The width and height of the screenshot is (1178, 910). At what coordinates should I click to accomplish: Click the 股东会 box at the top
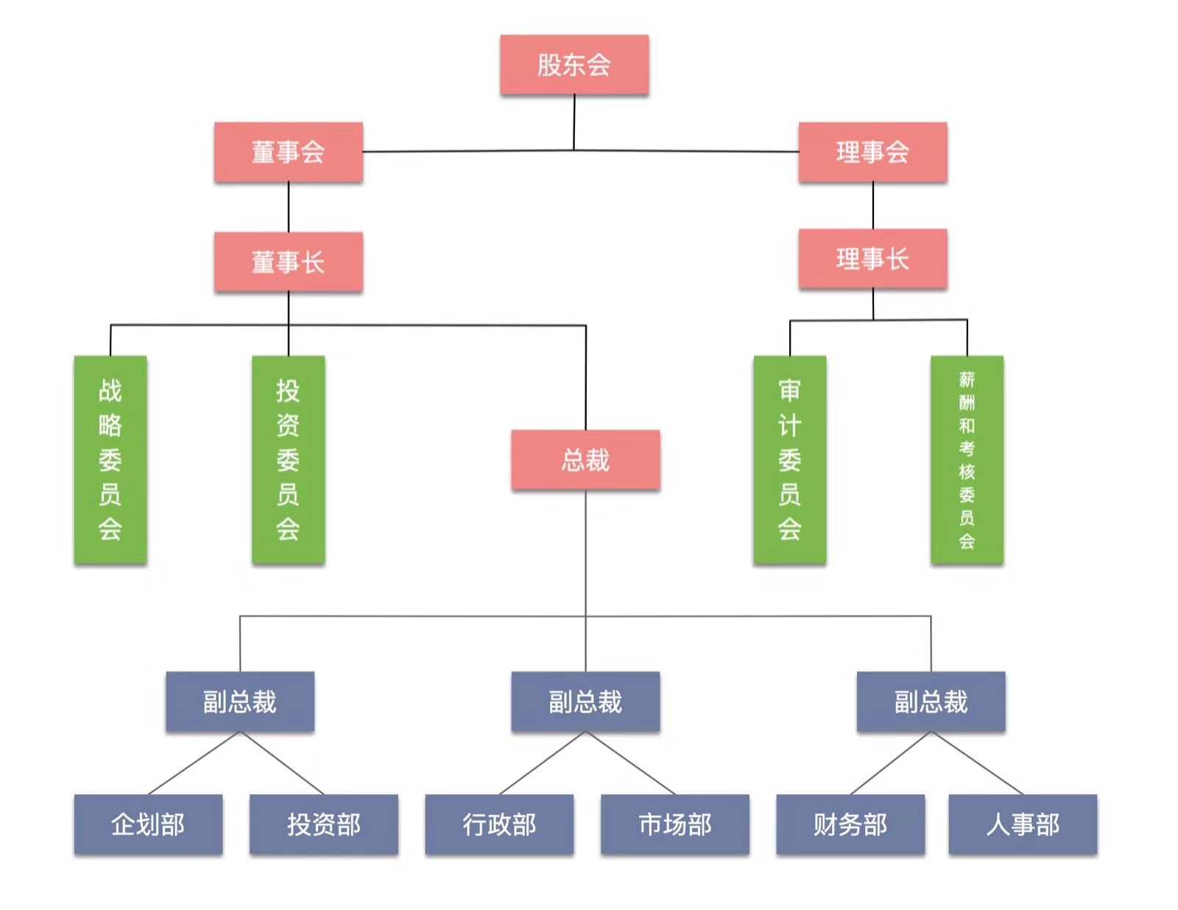click(x=574, y=65)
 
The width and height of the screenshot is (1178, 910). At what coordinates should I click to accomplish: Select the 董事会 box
click(x=289, y=153)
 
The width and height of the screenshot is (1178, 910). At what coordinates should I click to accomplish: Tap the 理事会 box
click(x=872, y=153)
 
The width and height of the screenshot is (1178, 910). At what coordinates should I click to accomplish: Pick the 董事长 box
click(x=289, y=262)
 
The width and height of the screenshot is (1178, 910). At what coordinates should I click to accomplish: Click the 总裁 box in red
click(x=585, y=461)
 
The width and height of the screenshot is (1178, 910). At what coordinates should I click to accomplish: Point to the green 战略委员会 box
click(x=110, y=461)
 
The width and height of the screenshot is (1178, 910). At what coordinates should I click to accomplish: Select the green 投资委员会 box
click(x=288, y=461)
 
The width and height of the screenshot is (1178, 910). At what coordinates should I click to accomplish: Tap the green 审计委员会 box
click(x=789, y=461)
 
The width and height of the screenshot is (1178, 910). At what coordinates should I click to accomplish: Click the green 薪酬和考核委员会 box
click(x=967, y=461)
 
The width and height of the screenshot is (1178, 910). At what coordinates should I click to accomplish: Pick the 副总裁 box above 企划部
click(x=240, y=701)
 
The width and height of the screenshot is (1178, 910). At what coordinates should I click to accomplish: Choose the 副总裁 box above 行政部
click(x=585, y=701)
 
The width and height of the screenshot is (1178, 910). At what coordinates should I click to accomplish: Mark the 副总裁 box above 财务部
click(x=931, y=701)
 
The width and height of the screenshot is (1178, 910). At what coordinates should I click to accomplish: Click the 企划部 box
click(x=148, y=825)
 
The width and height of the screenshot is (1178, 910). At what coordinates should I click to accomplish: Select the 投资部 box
click(x=324, y=825)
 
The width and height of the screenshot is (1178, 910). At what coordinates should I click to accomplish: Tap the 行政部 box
click(x=499, y=825)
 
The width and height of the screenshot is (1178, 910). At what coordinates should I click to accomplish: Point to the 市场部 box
click(x=675, y=825)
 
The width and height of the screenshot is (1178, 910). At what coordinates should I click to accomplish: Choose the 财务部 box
click(x=850, y=825)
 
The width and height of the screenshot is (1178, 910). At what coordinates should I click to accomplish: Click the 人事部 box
click(x=1023, y=825)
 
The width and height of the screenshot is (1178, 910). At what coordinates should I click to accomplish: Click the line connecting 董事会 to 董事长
click(x=289, y=208)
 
